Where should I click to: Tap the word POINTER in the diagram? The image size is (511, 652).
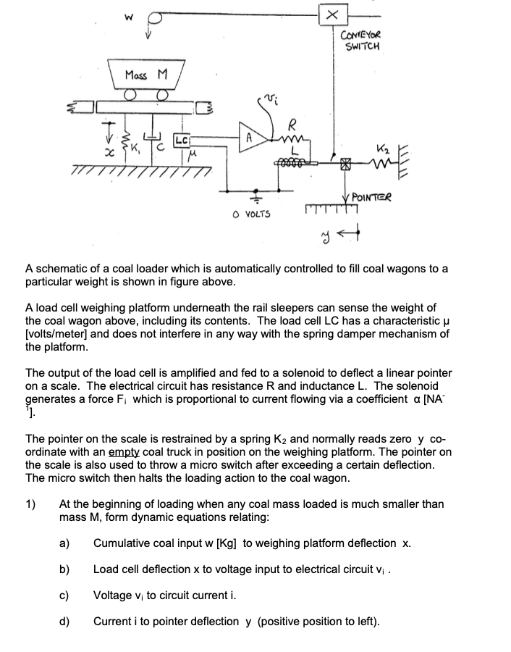(x=373, y=196)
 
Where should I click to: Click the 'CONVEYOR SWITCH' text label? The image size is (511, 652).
(x=363, y=41)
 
